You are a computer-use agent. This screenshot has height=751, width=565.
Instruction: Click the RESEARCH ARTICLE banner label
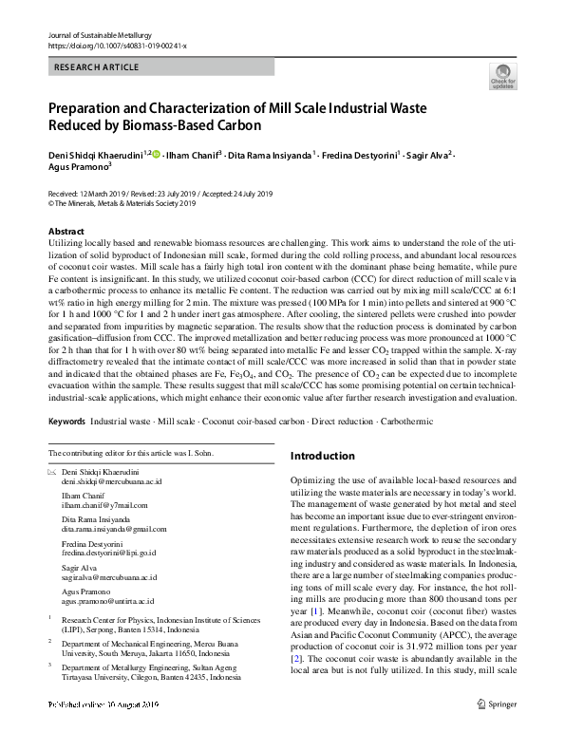[99, 67]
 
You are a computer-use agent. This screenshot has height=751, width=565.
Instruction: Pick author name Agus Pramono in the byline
[78, 164]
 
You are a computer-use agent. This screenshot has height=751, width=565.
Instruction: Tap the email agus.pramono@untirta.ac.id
[106, 601]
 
